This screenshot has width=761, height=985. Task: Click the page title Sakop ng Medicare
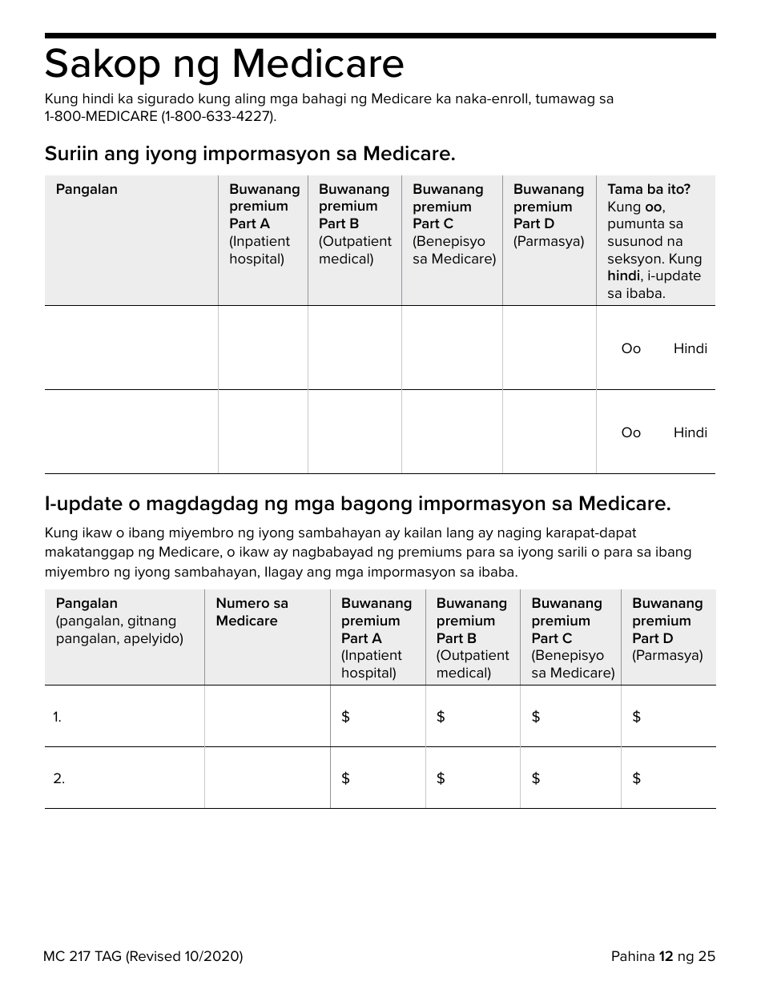click(x=224, y=64)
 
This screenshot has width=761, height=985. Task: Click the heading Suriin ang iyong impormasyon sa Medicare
click(x=250, y=154)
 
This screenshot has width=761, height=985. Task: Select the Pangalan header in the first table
click(x=87, y=190)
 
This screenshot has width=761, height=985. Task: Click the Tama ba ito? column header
click(x=648, y=190)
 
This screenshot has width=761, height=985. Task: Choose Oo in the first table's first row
click(x=631, y=348)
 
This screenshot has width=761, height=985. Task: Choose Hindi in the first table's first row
click(x=690, y=348)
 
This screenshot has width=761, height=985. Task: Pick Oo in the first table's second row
click(x=631, y=432)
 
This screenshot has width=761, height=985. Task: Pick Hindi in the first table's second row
click(x=690, y=432)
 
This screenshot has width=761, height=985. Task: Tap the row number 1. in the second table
click(x=58, y=718)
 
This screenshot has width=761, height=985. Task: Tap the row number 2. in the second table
click(x=58, y=778)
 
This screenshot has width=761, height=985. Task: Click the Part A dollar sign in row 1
click(x=346, y=718)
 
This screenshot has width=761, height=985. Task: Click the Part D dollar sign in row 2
click(x=637, y=778)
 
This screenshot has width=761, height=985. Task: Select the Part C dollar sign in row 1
click(x=536, y=718)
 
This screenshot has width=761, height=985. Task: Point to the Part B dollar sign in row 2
click(x=441, y=778)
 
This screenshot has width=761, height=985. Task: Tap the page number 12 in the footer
click(x=666, y=956)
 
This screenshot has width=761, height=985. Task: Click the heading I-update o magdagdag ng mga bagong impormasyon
click(x=357, y=504)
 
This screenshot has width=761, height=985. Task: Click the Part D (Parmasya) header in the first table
click(x=549, y=215)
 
